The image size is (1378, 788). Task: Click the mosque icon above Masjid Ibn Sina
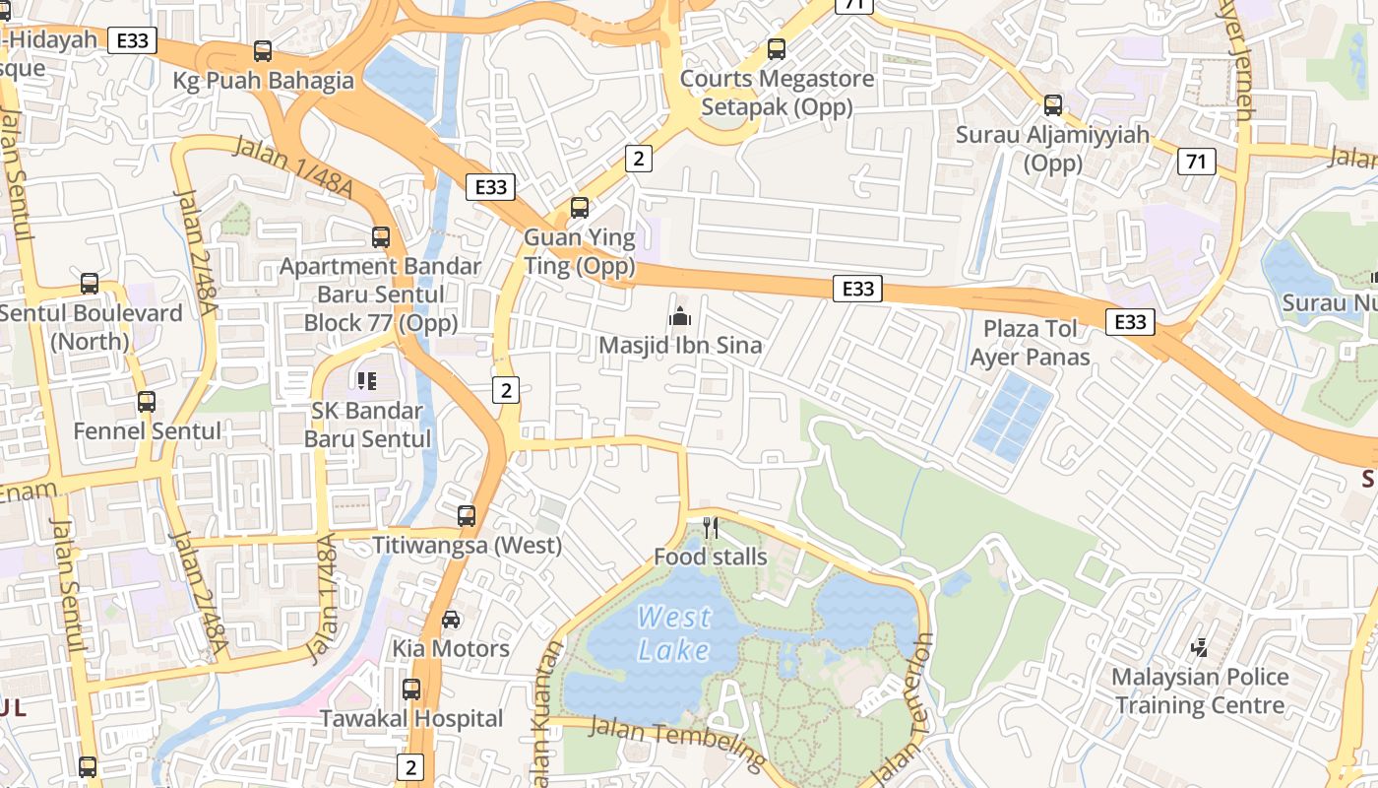pyautogui.click(x=679, y=316)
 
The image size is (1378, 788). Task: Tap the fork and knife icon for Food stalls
pyautogui.click(x=711, y=528)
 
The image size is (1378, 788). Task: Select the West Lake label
pyautogui.click(x=674, y=633)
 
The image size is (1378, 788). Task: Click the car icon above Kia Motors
pyautogui.click(x=451, y=619)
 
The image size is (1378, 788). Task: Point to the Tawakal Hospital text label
pyautogui.click(x=411, y=719)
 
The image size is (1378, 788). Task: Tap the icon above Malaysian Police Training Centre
pyautogui.click(x=1199, y=647)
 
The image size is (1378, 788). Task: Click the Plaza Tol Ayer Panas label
pyautogui.click(x=1030, y=342)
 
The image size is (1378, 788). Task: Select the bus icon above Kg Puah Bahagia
pyautogui.click(x=263, y=50)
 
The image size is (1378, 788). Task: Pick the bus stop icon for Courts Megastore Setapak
pyautogui.click(x=777, y=48)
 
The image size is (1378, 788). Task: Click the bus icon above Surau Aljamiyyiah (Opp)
pyautogui.click(x=1053, y=104)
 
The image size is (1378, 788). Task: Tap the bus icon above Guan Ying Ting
pyautogui.click(x=580, y=207)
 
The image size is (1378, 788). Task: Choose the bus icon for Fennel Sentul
pyautogui.click(x=147, y=401)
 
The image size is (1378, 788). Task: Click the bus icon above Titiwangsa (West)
pyautogui.click(x=467, y=515)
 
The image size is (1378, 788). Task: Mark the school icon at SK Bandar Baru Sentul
pyautogui.click(x=367, y=380)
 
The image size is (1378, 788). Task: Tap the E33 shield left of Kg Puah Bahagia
pyautogui.click(x=132, y=40)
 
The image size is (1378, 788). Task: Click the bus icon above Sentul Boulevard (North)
pyautogui.click(x=90, y=284)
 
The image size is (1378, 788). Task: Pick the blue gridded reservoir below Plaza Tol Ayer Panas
pyautogui.click(x=1012, y=417)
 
